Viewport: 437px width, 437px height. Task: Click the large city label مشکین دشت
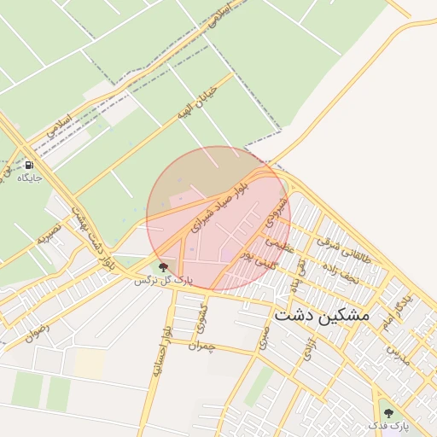pyautogui.click(x=323, y=315)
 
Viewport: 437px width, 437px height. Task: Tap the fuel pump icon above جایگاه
pyautogui.click(x=30, y=165)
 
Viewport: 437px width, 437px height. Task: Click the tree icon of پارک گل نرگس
pyautogui.click(x=164, y=267)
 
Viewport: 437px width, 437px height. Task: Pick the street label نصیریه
pyautogui.click(x=47, y=234)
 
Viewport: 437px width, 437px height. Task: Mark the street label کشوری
pyautogui.click(x=201, y=318)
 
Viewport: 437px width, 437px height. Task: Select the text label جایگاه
pyautogui.click(x=30, y=178)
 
